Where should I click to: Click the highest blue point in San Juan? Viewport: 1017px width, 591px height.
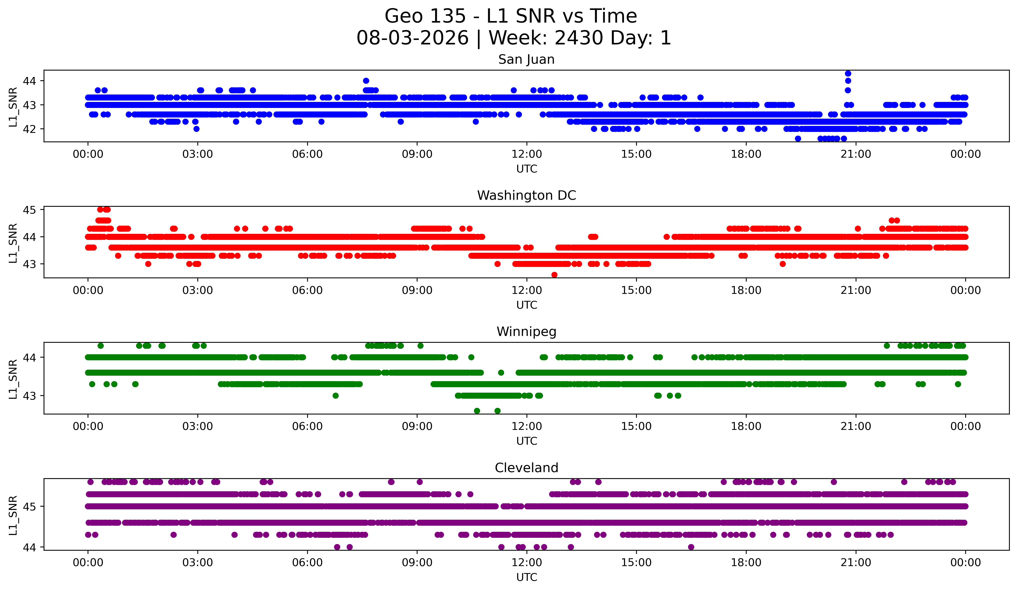(848, 73)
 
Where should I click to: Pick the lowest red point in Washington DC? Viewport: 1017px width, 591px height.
(554, 275)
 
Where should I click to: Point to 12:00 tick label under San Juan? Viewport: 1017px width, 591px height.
(527, 154)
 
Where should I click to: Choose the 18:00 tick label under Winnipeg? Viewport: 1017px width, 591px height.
(746, 427)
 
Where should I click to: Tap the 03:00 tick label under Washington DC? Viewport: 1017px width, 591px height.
(197, 291)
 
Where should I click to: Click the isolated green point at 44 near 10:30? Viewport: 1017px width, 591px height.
(471, 357)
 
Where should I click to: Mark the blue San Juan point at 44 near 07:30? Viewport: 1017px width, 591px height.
(366, 81)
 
